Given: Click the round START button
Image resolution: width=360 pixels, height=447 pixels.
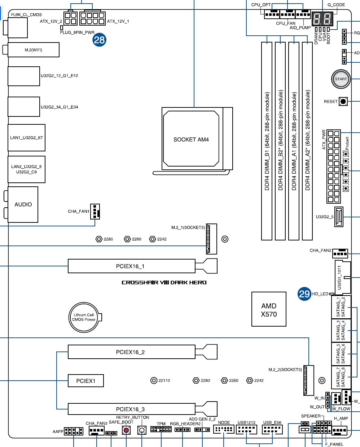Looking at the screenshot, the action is click(341, 79).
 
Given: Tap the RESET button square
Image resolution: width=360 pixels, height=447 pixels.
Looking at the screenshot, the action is click(343, 102).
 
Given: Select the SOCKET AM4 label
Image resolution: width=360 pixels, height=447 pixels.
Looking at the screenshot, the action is click(191, 140).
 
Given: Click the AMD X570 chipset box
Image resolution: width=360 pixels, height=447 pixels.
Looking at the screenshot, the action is click(269, 309).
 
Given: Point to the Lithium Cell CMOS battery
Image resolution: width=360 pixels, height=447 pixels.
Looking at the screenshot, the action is click(84, 317).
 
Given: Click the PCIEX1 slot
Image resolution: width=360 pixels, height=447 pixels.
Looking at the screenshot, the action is click(85, 381).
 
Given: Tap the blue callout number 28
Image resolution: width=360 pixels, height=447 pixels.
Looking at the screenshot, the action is click(99, 40).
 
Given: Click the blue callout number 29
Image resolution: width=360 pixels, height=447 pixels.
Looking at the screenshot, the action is click(304, 294).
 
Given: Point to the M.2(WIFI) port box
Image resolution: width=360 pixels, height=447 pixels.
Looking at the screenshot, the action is click(34, 50).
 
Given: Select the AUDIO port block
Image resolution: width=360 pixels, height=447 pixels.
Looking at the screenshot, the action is click(23, 205).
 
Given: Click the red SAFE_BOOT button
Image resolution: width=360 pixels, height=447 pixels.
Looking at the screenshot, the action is click(126, 430).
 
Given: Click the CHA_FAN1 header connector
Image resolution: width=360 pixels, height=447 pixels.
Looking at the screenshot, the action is click(95, 212).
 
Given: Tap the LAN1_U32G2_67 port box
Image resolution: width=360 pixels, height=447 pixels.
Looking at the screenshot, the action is click(26, 138).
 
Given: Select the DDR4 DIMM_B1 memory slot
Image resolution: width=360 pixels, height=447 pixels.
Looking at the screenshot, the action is click(267, 141).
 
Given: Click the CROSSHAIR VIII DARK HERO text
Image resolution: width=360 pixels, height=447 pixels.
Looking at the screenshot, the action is click(164, 283).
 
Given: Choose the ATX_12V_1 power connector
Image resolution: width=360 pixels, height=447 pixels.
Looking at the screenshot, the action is click(92, 18).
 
